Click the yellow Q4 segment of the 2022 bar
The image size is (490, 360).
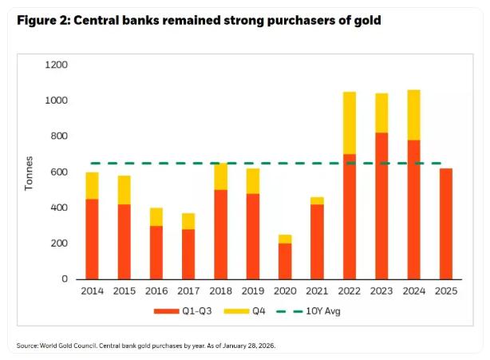click(349, 123)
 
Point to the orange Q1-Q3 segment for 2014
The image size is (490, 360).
click(93, 239)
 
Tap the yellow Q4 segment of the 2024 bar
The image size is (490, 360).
click(413, 115)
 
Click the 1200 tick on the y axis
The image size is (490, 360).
click(57, 65)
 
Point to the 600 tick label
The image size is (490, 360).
click(59, 172)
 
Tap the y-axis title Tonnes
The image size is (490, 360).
click(29, 172)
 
